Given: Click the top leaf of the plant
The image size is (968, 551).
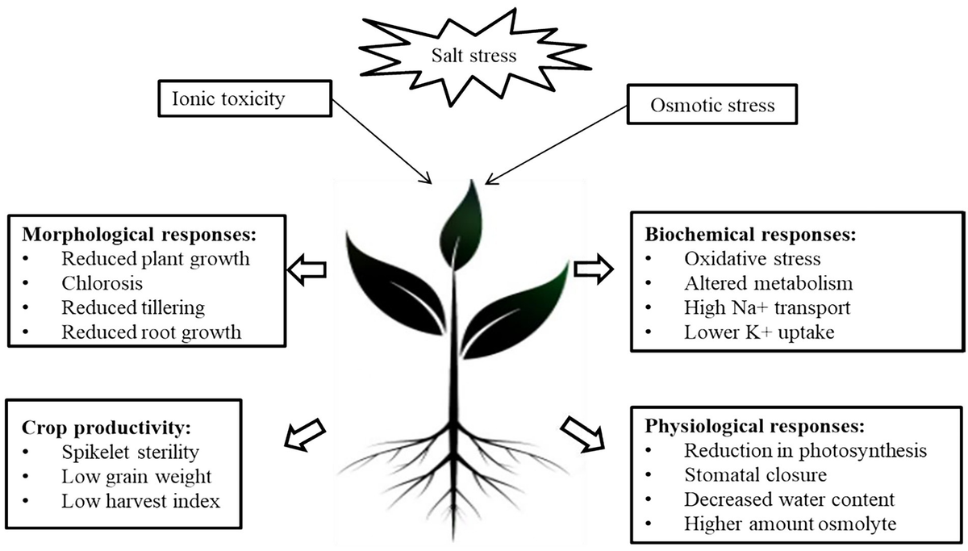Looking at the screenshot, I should pyautogui.click(x=459, y=218).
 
